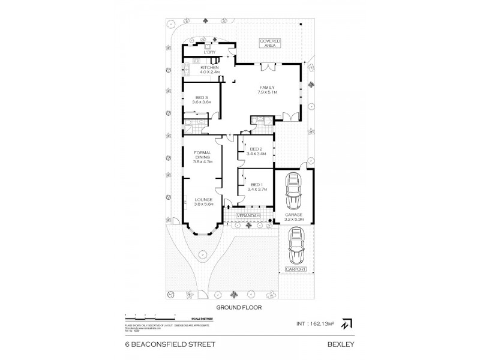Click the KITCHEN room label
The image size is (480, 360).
click(x=209, y=68)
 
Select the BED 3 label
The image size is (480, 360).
click(x=200, y=98)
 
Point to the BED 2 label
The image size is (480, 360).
click(x=256, y=149)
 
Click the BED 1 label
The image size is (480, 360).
click(x=256, y=184)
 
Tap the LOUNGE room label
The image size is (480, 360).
click(x=202, y=199)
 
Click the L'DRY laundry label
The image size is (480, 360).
click(x=209, y=52)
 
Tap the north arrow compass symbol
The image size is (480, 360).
click(x=346, y=323)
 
